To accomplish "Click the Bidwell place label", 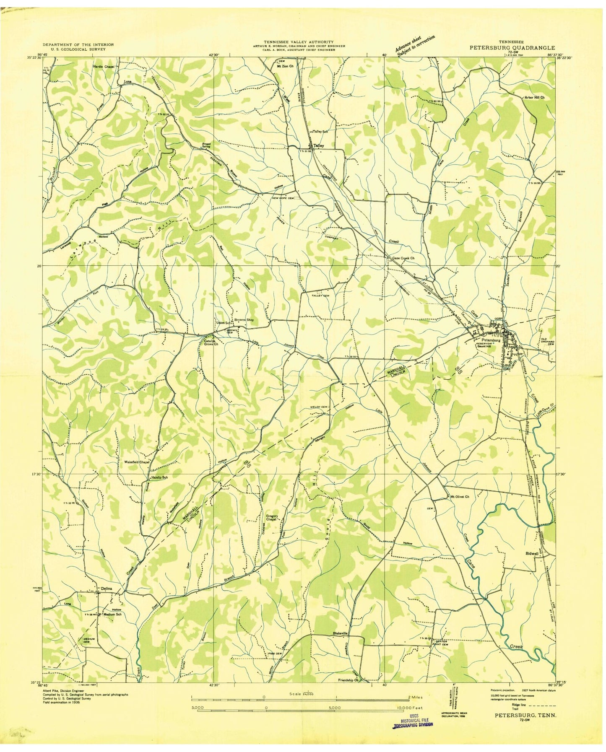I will tap(531, 554).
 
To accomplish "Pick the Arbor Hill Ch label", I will tap(534, 97).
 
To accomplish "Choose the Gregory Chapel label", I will tap(273, 518).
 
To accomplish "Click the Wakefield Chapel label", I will tap(137, 462).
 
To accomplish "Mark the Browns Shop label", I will tap(244, 320).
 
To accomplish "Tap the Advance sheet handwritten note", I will tap(415, 44).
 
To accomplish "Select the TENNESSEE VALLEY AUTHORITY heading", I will tap(299, 42).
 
